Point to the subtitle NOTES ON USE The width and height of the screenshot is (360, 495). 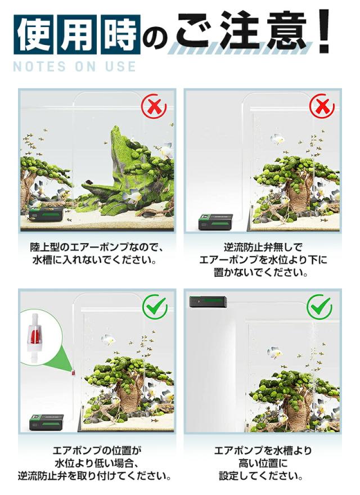pos(74,67)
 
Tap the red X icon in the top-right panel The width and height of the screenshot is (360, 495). pos(321,106)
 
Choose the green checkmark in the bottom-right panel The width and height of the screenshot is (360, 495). pos(319,307)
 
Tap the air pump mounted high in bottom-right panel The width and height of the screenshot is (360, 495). pos(208,302)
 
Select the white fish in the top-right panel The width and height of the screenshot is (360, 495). pos(277,139)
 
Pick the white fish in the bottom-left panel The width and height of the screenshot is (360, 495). pos(108,340)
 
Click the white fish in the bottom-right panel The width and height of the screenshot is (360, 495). pos(274,353)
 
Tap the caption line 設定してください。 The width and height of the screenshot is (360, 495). pos(262,476)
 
